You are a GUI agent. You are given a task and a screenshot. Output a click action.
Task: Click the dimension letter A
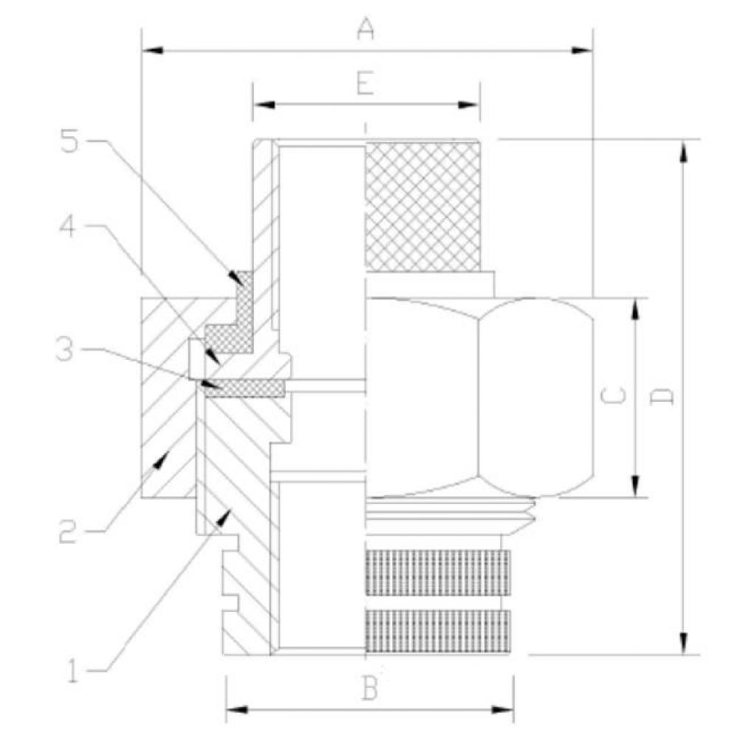(x=366, y=29)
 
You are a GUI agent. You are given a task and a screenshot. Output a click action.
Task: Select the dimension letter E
(x=366, y=84)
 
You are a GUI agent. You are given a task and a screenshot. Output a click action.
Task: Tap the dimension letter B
(x=370, y=689)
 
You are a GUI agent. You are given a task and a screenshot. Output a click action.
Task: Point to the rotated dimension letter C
(x=614, y=396)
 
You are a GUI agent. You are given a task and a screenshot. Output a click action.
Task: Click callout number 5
(x=69, y=140)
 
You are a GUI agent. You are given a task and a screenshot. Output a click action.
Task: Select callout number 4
(x=67, y=227)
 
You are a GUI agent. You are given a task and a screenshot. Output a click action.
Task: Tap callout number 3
(x=64, y=350)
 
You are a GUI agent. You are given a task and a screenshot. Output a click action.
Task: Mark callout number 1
(x=72, y=672)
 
